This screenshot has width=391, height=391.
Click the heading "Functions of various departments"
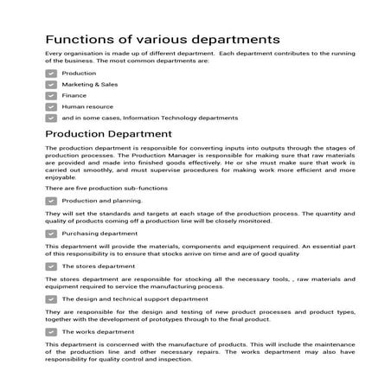click(x=162, y=40)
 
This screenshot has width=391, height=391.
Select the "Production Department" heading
click(x=109, y=134)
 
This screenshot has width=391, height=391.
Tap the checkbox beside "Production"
click(x=51, y=74)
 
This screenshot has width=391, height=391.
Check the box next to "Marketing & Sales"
click(x=51, y=85)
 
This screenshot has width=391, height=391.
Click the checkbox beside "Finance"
click(x=51, y=96)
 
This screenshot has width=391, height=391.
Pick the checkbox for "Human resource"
click(x=51, y=107)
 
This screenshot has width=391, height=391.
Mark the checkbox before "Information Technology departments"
click(x=51, y=119)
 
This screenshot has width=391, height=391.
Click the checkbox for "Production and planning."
click(x=51, y=201)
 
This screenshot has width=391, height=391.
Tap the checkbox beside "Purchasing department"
click(x=51, y=234)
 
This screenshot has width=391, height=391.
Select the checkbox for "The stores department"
click(x=51, y=266)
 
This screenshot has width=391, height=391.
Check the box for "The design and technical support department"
click(x=51, y=299)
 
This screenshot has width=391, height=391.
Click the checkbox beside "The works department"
click(x=51, y=332)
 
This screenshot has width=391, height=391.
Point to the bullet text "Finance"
click(x=74, y=96)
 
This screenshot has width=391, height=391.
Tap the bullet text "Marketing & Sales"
click(x=90, y=85)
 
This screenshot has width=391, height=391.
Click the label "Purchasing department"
click(x=99, y=234)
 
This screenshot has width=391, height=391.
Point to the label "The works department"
click(x=98, y=332)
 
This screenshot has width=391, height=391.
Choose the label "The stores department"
click(x=99, y=266)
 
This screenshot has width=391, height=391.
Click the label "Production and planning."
click(x=102, y=201)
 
